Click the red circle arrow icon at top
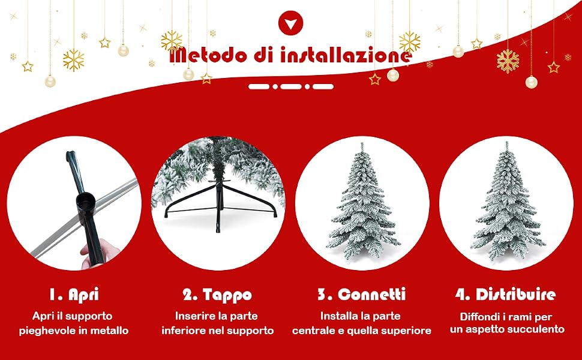pyautogui.click(x=290, y=23)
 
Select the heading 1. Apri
pyautogui.click(x=74, y=295)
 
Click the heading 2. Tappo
pyautogui.click(x=218, y=295)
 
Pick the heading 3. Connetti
pyautogui.click(x=362, y=295)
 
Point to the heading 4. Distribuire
pyautogui.click(x=506, y=295)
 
